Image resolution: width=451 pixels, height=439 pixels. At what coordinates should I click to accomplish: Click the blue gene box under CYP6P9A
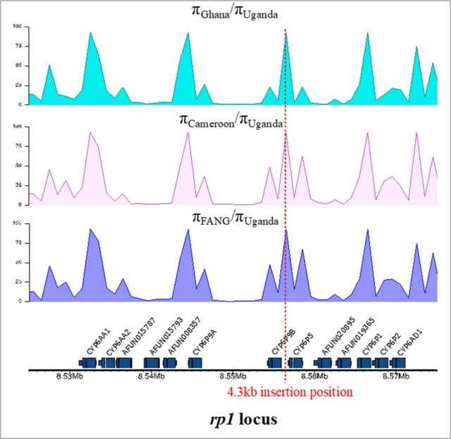coord(195,362)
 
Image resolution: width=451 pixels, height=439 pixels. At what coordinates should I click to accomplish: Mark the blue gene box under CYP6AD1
coord(398,362)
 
